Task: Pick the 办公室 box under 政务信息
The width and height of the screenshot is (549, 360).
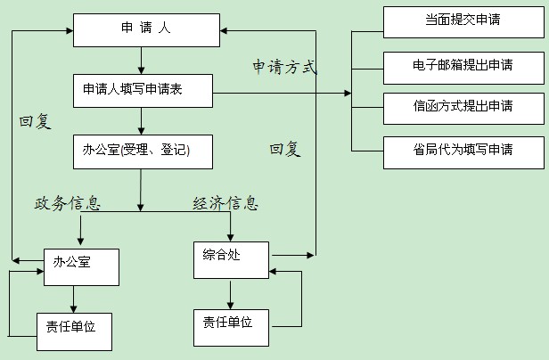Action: (x=80, y=265)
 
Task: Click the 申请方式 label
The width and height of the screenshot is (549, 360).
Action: (x=284, y=67)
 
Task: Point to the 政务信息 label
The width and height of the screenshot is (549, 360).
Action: (x=68, y=203)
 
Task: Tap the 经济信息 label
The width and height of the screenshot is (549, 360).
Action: (x=226, y=203)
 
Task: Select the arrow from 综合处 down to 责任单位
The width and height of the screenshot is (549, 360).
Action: (x=230, y=293)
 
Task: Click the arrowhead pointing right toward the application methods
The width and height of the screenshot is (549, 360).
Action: (x=346, y=93)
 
